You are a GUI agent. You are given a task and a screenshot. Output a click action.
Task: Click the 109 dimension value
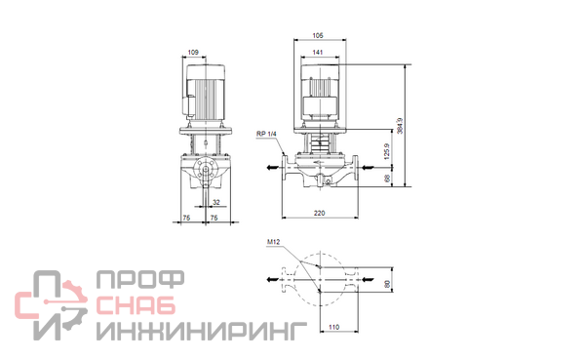point(193,53)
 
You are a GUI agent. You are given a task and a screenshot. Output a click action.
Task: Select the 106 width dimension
point(318,35)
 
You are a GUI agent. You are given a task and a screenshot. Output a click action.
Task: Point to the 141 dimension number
point(318,53)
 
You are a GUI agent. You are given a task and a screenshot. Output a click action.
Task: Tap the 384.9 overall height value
point(400,126)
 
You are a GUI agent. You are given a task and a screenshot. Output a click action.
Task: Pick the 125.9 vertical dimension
point(387,151)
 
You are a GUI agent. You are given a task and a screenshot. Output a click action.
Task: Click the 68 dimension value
point(387,179)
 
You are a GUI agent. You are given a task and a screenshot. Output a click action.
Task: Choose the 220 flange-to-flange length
point(320,213)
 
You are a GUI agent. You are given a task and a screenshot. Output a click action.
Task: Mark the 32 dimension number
point(216,202)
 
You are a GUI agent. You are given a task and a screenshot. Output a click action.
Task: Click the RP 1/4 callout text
point(266,134)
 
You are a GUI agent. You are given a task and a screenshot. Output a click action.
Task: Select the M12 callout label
point(273,242)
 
